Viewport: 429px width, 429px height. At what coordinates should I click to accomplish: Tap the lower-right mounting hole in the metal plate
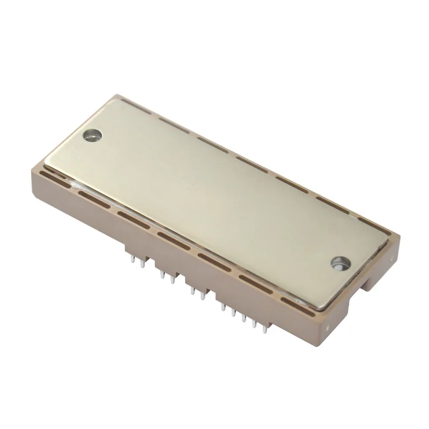tap(339, 263)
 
